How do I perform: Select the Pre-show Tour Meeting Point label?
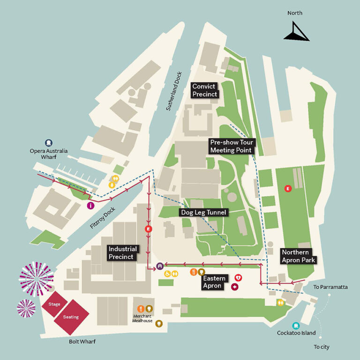click(231, 146)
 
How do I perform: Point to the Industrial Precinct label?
click(122, 253)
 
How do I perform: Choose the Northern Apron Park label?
click(299, 256)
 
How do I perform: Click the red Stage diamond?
click(54, 305)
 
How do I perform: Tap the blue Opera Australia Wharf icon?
click(48, 142)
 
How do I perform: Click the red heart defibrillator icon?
click(238, 278)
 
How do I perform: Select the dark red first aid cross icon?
click(235, 286)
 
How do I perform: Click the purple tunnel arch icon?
click(160, 266)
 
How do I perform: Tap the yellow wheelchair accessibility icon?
click(167, 274)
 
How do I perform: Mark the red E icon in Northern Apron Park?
click(288, 188)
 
